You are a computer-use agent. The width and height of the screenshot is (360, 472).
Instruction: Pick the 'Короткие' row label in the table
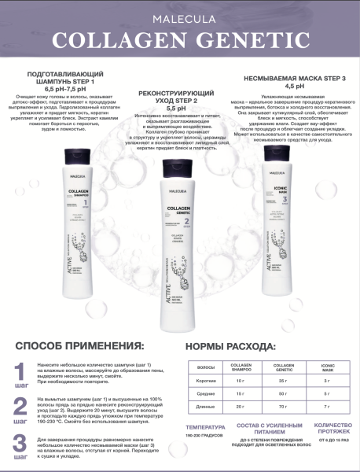(x=206, y=380)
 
